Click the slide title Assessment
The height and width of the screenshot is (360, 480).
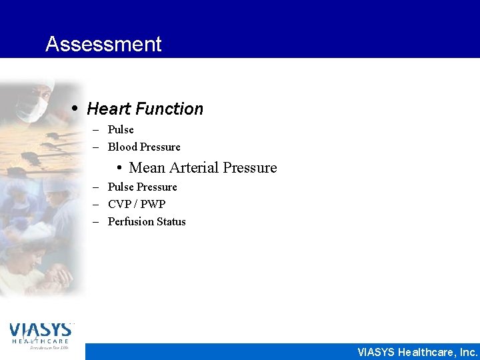click(x=103, y=44)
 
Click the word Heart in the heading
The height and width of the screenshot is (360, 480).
click(x=107, y=109)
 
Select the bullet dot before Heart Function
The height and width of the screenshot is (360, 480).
click(x=78, y=109)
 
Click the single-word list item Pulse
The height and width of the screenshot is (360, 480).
click(x=121, y=129)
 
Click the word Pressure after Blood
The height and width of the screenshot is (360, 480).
click(x=160, y=147)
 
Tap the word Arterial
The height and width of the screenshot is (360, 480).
click(x=193, y=167)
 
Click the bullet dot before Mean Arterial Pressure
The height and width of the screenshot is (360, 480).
click(x=120, y=168)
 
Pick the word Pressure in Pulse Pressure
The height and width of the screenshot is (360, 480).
click(x=157, y=187)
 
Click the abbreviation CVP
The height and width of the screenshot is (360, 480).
click(x=121, y=204)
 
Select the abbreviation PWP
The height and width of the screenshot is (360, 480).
click(x=153, y=204)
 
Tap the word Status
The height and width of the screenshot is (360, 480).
click(x=171, y=221)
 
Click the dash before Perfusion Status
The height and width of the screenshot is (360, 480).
click(x=96, y=221)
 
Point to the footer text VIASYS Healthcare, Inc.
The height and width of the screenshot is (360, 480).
click(x=417, y=352)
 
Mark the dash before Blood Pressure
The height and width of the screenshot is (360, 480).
click(x=96, y=147)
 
